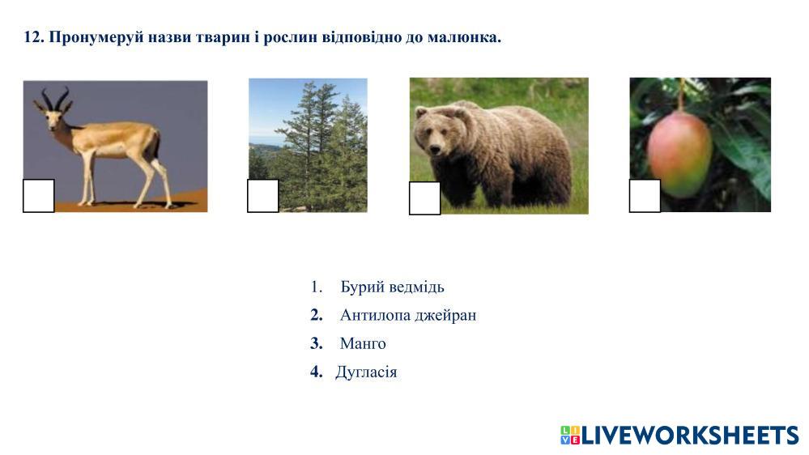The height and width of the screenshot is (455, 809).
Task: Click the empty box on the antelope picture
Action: [x=39, y=195]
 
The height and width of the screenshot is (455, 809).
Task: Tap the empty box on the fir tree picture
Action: [x=263, y=195]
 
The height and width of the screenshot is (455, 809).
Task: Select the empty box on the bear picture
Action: [x=424, y=198]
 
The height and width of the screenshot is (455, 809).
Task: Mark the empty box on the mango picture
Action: [x=645, y=195]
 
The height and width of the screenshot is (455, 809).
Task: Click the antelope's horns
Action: [x=55, y=99]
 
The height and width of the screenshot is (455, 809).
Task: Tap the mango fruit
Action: [x=679, y=155]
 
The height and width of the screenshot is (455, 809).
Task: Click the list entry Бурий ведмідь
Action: [x=392, y=287]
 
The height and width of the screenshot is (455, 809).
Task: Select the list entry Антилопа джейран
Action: [x=408, y=315]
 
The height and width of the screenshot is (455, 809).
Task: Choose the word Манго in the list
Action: [x=363, y=343]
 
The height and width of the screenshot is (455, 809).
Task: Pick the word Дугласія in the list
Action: [x=366, y=372]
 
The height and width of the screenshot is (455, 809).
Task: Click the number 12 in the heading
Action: [x=33, y=37]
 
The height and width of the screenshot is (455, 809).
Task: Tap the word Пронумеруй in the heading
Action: [x=96, y=38]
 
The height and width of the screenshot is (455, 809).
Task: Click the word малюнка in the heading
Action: [x=464, y=38]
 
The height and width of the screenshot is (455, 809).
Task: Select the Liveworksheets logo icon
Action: [x=570, y=435]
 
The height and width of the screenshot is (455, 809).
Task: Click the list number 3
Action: [x=317, y=343]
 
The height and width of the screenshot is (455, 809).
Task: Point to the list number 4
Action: [x=317, y=372]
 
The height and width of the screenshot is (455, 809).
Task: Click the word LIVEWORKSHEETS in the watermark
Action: [x=690, y=436]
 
